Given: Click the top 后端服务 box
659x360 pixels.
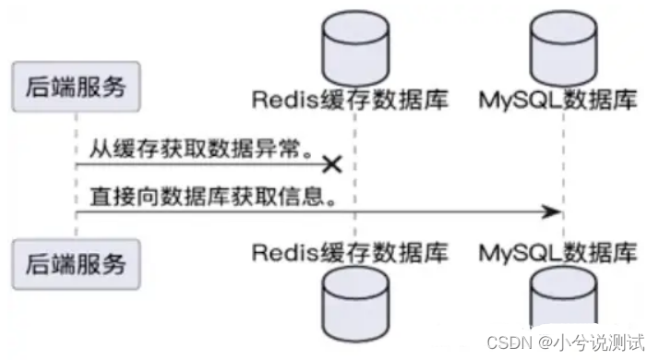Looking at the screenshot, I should point(76,90).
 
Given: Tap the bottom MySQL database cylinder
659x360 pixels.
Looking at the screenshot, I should point(562,314).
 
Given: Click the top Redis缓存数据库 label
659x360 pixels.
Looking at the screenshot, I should point(350,100).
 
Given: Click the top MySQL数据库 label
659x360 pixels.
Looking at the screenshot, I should point(558,100).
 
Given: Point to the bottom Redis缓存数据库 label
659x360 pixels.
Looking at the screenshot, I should point(350,251).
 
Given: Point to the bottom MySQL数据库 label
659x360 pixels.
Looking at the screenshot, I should point(558,251).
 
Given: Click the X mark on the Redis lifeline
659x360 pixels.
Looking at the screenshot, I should point(332,164).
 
